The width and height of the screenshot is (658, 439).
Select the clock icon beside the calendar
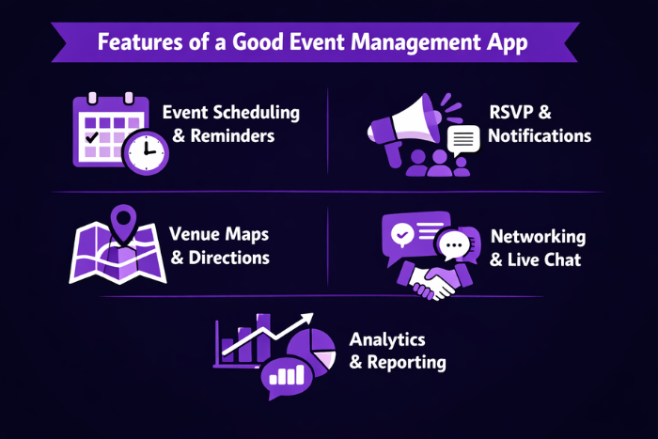click(146, 151)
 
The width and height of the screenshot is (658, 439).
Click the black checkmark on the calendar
click(92, 137)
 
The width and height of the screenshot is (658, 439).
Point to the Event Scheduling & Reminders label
click(230, 124)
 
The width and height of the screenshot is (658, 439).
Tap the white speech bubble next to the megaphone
click(462, 141)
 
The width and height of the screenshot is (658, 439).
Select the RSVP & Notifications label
click(539, 124)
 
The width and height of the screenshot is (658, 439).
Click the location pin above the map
click(122, 224)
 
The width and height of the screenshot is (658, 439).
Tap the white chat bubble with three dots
click(454, 246)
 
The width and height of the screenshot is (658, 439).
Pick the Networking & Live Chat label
click(537, 248)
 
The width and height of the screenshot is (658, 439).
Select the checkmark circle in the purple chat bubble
click(401, 233)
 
